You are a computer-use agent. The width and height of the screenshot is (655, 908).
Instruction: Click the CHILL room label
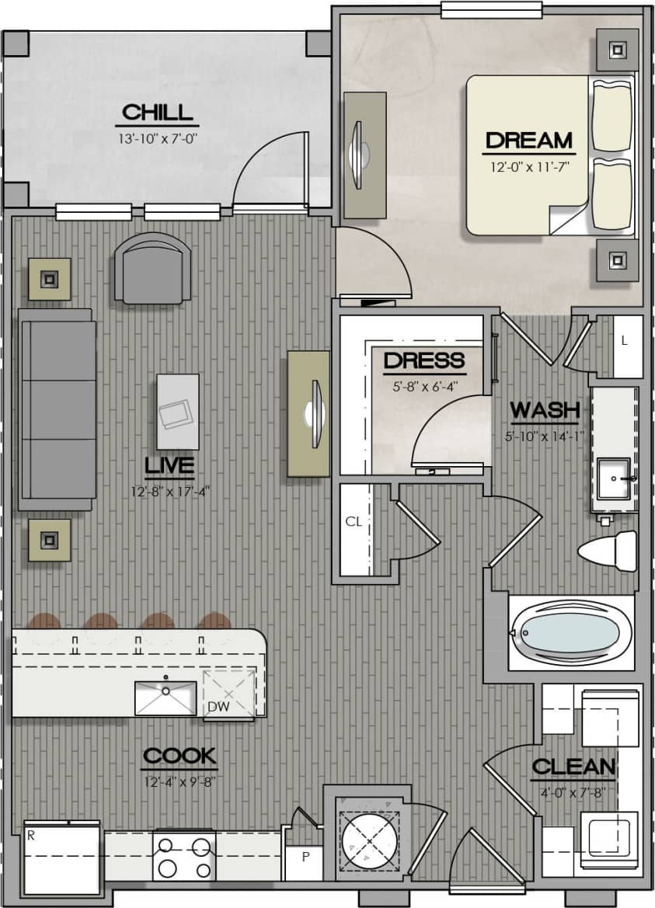pos(157,112)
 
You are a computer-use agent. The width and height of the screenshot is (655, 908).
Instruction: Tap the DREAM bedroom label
pos(528,141)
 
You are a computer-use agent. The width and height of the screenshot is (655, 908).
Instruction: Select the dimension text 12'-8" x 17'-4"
pos(170,491)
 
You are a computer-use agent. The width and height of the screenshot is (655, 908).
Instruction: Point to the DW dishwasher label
pos(218,706)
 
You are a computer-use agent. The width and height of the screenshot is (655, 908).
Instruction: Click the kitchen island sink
pos(165,697)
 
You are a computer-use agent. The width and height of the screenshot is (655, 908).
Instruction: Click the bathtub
pos(570,633)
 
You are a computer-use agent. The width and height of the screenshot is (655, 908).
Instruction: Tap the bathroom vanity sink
pos(614,478)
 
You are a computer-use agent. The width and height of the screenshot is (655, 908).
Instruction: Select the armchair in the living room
pos(152,268)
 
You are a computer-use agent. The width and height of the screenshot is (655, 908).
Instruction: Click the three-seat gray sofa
pos(58,409)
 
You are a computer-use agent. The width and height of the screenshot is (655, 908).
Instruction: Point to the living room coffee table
pos(177,412)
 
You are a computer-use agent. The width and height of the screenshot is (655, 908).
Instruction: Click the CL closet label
pos(354,522)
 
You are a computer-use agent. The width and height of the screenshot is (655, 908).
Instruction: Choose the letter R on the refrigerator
pos(30,837)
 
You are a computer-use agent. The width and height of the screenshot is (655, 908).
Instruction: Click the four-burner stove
pos(184,854)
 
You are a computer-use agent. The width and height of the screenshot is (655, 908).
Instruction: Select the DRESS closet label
pos(424,360)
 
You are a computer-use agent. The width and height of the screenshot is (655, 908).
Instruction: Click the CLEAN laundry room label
pos(573,767)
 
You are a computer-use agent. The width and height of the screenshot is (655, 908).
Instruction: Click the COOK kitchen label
pos(179,756)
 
